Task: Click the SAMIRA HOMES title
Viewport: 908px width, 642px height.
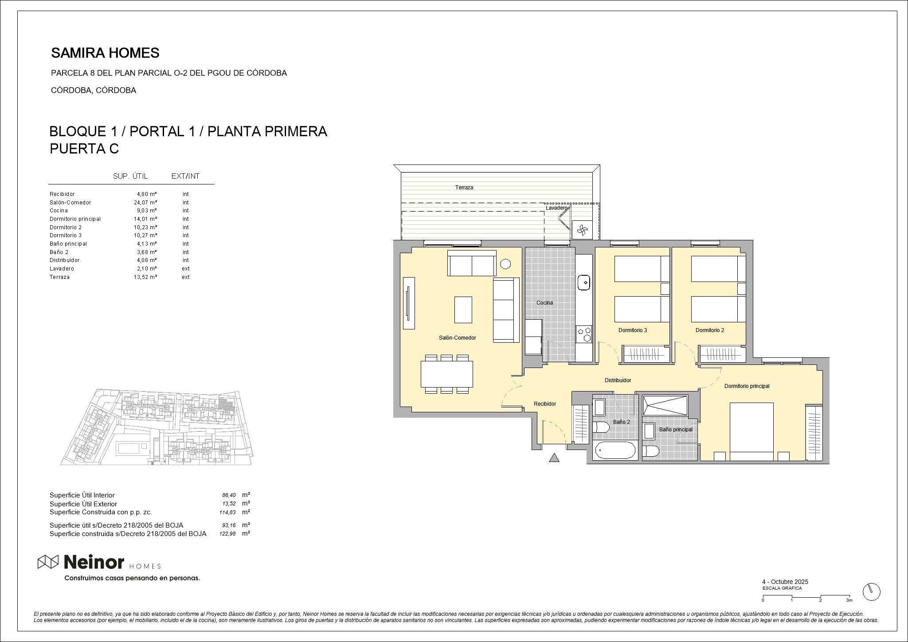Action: pyautogui.click(x=105, y=53)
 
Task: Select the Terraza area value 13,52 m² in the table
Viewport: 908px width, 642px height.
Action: pyautogui.click(x=145, y=277)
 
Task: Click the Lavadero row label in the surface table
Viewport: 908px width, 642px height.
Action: pyautogui.click(x=62, y=269)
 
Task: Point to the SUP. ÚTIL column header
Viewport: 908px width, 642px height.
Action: pyautogui.click(x=130, y=176)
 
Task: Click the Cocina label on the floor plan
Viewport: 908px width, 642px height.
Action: pyautogui.click(x=544, y=303)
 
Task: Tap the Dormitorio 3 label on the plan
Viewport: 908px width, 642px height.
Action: pyautogui.click(x=633, y=330)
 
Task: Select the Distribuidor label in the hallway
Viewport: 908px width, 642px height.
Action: pyautogui.click(x=618, y=380)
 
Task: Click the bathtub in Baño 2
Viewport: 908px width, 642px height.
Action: pyautogui.click(x=614, y=450)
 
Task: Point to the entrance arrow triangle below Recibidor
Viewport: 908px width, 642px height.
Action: pyautogui.click(x=554, y=458)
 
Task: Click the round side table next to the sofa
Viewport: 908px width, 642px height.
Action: pyautogui.click(x=505, y=264)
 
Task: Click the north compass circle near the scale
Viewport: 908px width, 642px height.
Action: pyautogui.click(x=871, y=591)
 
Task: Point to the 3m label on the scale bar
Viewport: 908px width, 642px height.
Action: pyautogui.click(x=849, y=600)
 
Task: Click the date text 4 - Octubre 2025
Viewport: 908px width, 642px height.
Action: pyautogui.click(x=785, y=582)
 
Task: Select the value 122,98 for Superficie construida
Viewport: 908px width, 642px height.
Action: pyautogui.click(x=227, y=534)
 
